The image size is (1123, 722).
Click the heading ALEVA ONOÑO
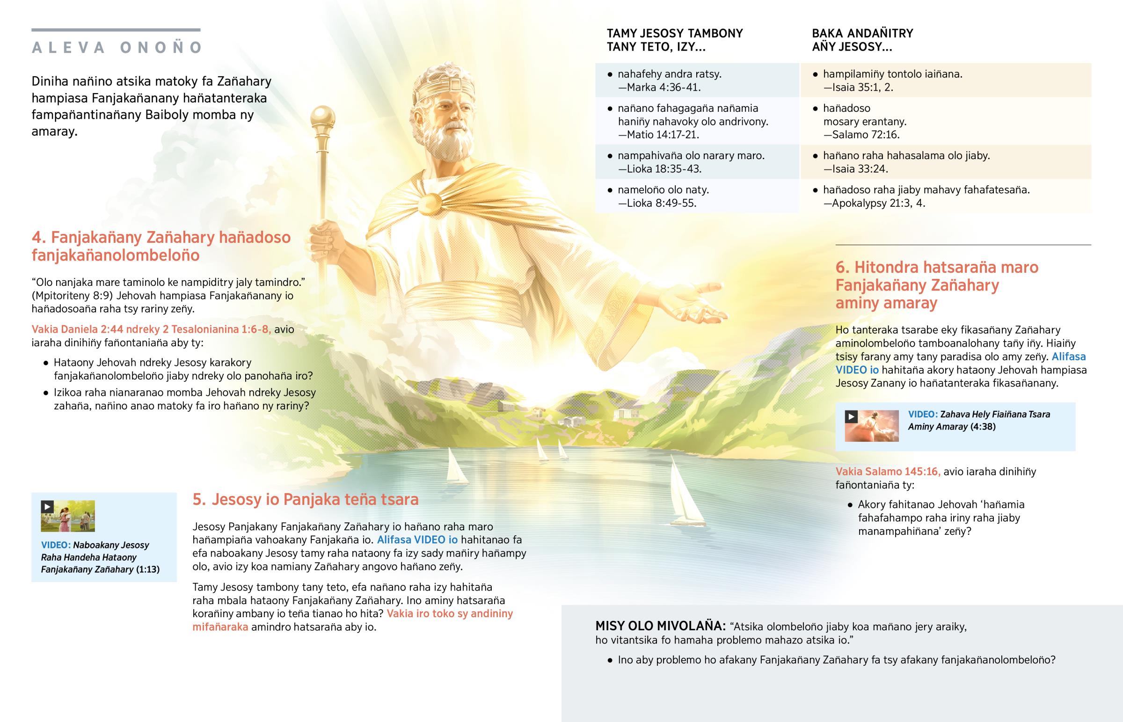pyautogui.click(x=117, y=47)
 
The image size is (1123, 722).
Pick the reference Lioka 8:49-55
pyautogui.click(x=657, y=204)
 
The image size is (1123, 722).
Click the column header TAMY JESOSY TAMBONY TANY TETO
pyautogui.click(x=674, y=40)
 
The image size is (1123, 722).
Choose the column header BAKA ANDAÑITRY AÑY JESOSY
pyautogui.click(x=862, y=40)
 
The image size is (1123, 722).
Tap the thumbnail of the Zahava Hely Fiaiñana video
pyautogui.click(x=872, y=426)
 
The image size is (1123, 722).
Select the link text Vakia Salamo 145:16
pyautogui.click(x=888, y=472)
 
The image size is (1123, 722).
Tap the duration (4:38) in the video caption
pyautogui.click(x=983, y=427)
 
